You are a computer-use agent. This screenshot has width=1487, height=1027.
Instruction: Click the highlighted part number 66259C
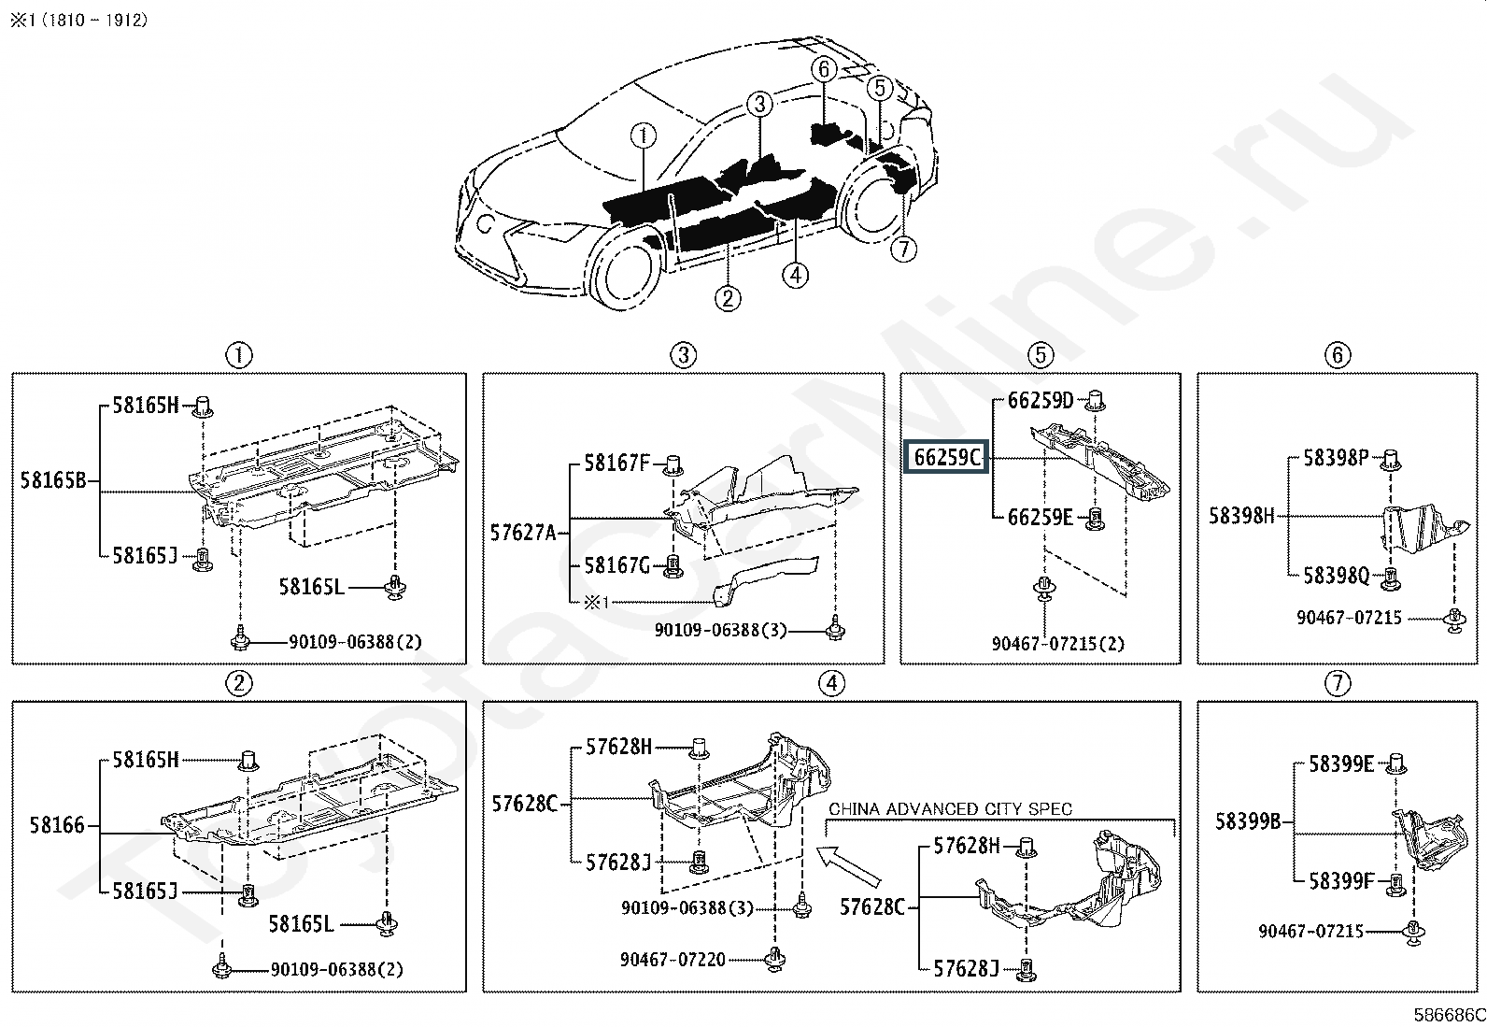pos(948,458)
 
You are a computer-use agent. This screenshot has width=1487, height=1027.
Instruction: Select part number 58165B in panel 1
pos(53,481)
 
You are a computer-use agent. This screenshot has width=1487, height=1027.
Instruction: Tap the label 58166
pos(57,825)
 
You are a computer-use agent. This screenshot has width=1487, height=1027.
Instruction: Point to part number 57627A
pos(523,533)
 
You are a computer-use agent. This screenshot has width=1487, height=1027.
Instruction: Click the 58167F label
pos(616,463)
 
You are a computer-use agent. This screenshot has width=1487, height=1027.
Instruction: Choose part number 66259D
pos(1041,401)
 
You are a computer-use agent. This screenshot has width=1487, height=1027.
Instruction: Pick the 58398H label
pos(1241,515)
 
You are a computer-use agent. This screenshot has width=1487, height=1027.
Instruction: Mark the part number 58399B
pos(1248,821)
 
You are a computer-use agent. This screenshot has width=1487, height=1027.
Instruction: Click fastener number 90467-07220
pos(673,959)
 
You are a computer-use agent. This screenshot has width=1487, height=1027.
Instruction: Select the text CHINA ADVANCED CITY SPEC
pos(950,808)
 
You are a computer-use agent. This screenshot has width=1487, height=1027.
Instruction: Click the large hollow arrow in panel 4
pos(849,865)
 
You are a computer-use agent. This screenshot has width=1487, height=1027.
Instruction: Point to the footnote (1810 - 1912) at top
pos(78,20)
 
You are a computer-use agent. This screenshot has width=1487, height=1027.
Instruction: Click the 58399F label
pos(1341,881)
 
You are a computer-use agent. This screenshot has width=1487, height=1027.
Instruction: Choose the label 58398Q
pos(1336,575)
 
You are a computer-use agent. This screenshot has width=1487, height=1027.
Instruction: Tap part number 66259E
pos(1041,517)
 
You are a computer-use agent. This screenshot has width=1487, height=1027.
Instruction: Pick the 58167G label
pos(616,565)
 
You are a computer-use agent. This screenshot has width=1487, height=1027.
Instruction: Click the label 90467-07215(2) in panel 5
pos(1058,643)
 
